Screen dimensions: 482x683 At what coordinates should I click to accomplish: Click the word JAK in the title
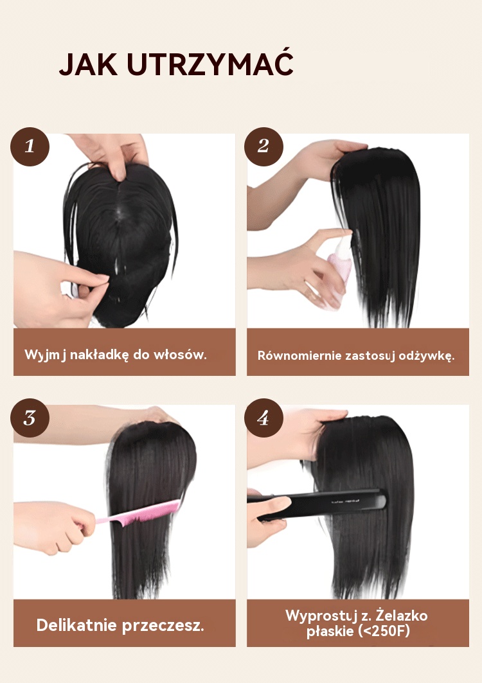(x=88, y=64)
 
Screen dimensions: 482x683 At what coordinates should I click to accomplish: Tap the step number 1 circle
(x=30, y=146)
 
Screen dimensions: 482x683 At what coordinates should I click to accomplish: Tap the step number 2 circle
(x=263, y=146)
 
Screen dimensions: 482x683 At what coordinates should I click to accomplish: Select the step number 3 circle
(x=30, y=418)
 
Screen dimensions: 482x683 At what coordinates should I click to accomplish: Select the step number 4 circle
(x=263, y=418)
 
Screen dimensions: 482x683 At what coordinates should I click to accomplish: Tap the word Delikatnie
(x=76, y=625)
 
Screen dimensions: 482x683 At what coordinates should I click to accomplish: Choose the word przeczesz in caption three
(x=161, y=626)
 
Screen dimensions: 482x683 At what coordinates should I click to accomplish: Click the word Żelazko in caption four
(x=402, y=615)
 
